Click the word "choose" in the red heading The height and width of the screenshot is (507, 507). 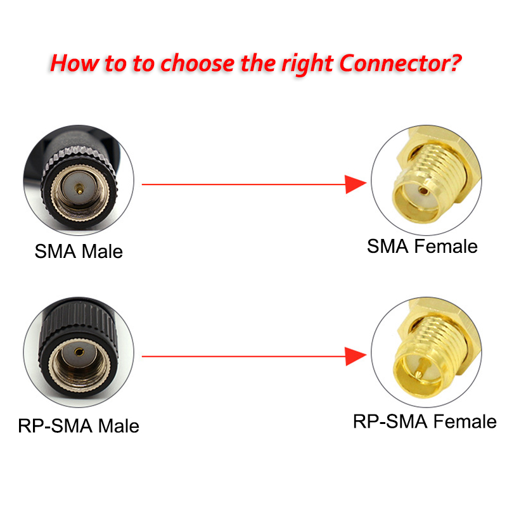(x=198, y=63)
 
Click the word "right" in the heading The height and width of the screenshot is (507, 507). (x=307, y=65)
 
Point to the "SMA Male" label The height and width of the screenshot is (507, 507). (x=79, y=251)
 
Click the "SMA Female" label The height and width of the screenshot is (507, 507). (x=422, y=246)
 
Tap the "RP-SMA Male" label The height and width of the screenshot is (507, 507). (x=79, y=425)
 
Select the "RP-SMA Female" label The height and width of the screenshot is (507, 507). (x=425, y=421)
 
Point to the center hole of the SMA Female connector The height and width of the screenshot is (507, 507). (x=423, y=191)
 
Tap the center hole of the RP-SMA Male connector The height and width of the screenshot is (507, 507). (x=79, y=352)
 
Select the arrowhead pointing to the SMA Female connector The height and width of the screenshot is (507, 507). (x=356, y=184)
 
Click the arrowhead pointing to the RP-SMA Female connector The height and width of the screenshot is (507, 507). (x=356, y=356)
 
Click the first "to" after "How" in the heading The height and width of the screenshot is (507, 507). (x=115, y=64)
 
